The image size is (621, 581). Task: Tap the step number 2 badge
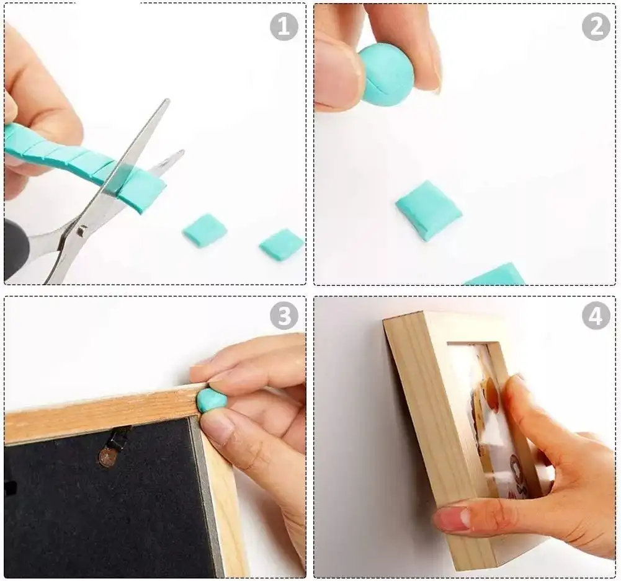tap(596, 27)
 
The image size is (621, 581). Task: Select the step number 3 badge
tap(284, 316)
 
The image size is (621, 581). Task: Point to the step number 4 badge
tap(596, 316)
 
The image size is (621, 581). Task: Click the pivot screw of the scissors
tap(82, 230)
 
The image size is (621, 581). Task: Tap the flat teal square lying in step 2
tap(429, 211)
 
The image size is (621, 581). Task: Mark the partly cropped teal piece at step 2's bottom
tap(494, 274)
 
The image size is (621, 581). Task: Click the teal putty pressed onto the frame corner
tap(212, 400)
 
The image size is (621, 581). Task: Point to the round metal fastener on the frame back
tap(105, 458)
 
